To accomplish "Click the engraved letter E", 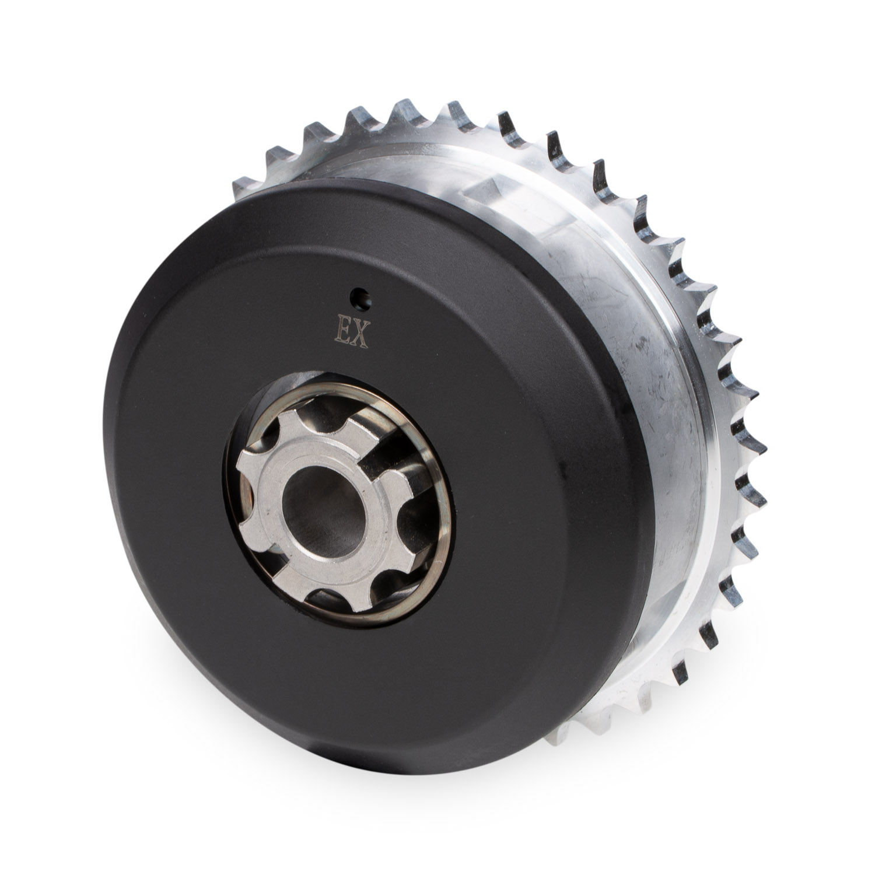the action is coord(341,333).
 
